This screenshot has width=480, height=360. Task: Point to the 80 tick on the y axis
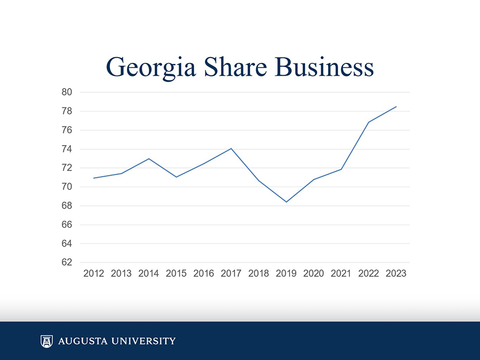point(67,92)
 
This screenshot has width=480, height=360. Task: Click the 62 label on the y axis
point(67,262)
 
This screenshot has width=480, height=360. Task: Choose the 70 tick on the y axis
point(67,187)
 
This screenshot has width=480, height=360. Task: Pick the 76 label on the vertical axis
point(67,130)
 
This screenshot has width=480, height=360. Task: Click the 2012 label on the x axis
point(94,274)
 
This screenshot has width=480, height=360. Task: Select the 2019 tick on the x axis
point(286,274)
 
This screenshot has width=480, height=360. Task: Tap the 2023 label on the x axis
point(396,274)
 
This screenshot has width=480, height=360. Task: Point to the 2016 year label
point(204,274)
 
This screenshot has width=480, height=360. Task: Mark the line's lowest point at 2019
point(286,202)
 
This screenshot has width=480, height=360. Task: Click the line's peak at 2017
point(231,148)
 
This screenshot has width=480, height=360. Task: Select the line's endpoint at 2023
point(396,107)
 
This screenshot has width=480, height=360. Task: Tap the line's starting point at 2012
point(94,178)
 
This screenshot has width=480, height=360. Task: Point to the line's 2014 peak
point(149,158)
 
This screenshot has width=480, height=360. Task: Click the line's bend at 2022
point(369,122)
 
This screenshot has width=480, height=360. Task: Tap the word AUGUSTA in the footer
point(80,341)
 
